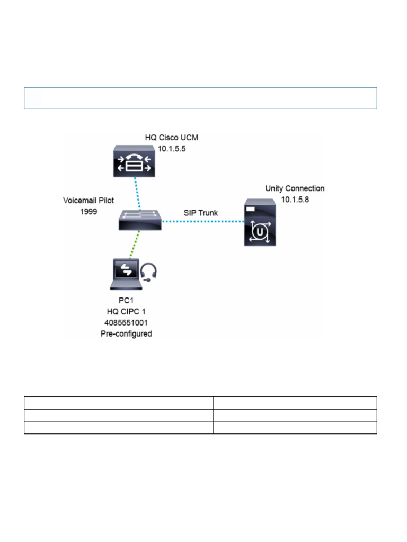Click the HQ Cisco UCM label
click(172, 138)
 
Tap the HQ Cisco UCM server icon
click(135, 162)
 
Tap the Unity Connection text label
click(295, 188)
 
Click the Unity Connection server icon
click(260, 222)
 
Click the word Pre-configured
click(126, 335)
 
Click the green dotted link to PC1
click(132, 245)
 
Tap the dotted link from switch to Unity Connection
click(201, 222)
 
